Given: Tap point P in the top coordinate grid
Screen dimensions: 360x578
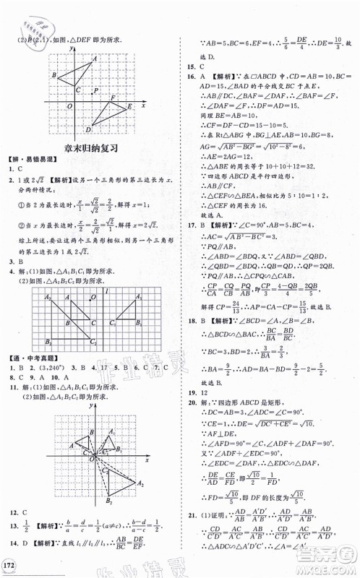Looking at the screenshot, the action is [x=95, y=90].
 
